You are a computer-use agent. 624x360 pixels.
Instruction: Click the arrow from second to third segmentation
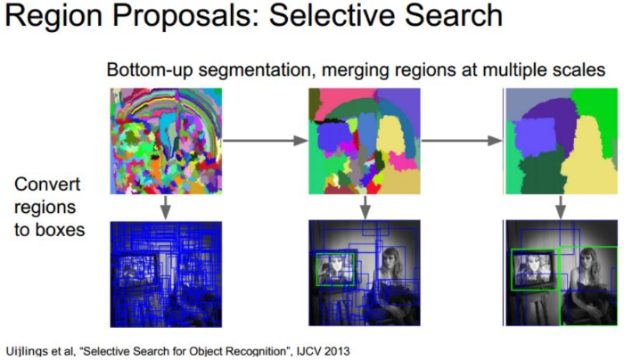point(458,139)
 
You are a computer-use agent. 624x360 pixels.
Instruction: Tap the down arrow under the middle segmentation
point(365,207)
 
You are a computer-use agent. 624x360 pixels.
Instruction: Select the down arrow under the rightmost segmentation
point(561,207)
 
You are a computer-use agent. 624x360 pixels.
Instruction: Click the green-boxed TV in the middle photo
point(334,266)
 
